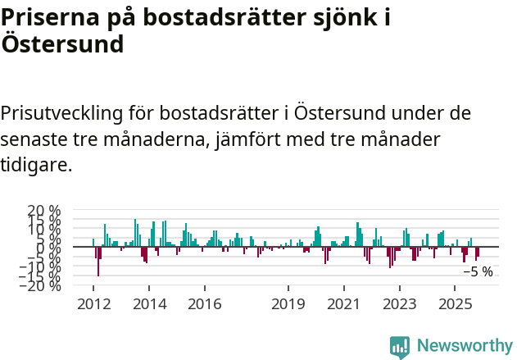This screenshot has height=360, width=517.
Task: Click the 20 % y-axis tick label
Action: coord(44,211)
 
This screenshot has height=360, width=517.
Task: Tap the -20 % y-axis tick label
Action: coord(41,285)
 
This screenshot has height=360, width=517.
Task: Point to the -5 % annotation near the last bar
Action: coord(478,271)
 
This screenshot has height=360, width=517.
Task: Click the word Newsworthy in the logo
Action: coord(464,345)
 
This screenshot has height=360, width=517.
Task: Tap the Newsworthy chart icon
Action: coord(400,346)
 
